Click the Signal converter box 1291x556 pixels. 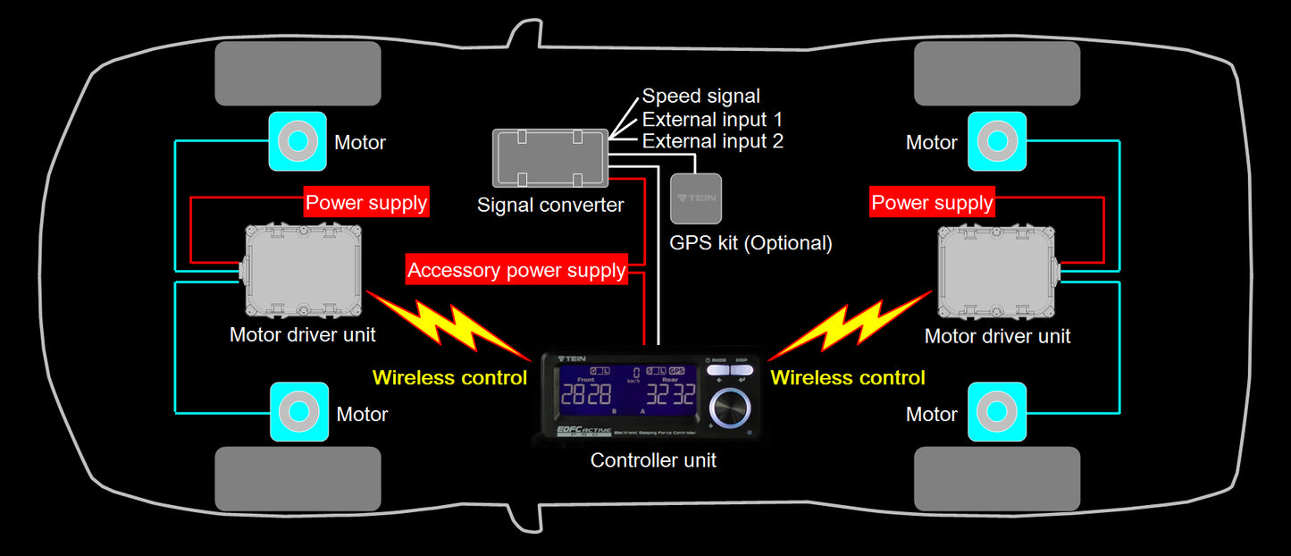(x=550, y=158)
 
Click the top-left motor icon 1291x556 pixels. (x=298, y=141)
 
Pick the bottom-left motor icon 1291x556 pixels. (x=299, y=411)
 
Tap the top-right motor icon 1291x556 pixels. (x=997, y=141)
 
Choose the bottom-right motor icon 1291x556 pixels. (x=997, y=411)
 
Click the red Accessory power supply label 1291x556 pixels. (x=516, y=270)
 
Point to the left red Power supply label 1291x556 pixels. (x=366, y=203)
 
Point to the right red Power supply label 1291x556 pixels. (x=932, y=203)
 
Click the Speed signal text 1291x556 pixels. (x=701, y=97)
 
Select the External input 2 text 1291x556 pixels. (x=712, y=141)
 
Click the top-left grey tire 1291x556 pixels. (x=298, y=73)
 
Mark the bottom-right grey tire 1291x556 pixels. (x=997, y=479)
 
